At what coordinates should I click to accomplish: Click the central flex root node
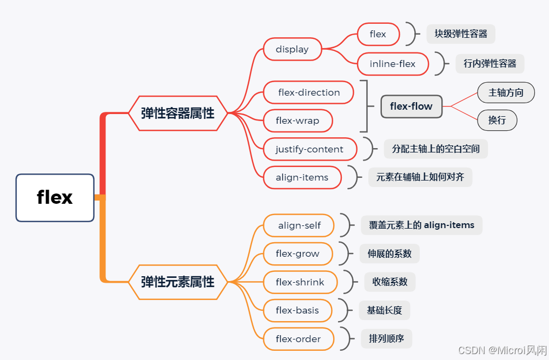[55, 197]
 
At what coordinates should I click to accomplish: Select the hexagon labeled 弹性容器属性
[177, 113]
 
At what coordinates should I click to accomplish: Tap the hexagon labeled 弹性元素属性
[177, 282]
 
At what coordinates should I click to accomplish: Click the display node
[292, 49]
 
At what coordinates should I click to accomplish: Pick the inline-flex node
[393, 64]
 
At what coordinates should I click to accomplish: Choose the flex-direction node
[309, 92]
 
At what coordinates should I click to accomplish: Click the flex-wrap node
[297, 121]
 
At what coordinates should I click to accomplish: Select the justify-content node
[309, 149]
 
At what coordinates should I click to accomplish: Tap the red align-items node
[302, 177]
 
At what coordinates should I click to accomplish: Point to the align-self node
[299, 225]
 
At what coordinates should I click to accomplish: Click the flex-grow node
[297, 254]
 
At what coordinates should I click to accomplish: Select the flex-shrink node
[300, 282]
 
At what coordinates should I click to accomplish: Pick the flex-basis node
[297, 310]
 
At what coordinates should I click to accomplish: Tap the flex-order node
[298, 339]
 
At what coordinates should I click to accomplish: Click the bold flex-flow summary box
[411, 106]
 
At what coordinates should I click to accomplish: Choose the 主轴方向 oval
[506, 93]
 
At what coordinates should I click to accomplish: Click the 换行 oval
[497, 120]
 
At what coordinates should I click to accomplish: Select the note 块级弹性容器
[461, 34]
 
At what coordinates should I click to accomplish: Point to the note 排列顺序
[386, 339]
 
